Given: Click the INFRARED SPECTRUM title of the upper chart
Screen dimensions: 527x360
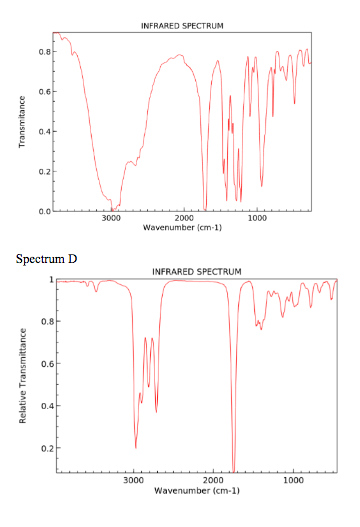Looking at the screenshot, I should [x=182, y=24].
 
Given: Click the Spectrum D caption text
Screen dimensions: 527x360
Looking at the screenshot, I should [x=47, y=259].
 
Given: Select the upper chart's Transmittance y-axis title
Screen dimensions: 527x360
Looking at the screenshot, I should [x=21, y=122].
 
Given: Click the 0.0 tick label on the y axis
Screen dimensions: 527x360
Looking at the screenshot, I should [x=43, y=212].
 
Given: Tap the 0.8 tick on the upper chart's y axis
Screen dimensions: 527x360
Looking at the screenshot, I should [x=43, y=51].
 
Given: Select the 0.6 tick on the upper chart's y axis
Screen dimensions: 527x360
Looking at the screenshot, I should [x=43, y=91].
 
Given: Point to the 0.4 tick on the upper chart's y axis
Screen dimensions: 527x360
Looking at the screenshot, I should [x=43, y=131].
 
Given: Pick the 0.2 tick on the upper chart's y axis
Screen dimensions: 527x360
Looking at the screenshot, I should [x=43, y=172].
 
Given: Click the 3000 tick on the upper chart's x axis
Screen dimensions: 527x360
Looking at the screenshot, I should [x=111, y=219].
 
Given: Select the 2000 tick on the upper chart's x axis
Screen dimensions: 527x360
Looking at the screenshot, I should [x=184, y=219].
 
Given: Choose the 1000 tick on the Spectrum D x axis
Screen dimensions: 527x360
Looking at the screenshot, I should [x=294, y=480].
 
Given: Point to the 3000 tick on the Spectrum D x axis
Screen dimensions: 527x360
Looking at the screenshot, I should [x=133, y=480].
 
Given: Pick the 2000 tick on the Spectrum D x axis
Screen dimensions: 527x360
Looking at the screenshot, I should [x=213, y=480].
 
